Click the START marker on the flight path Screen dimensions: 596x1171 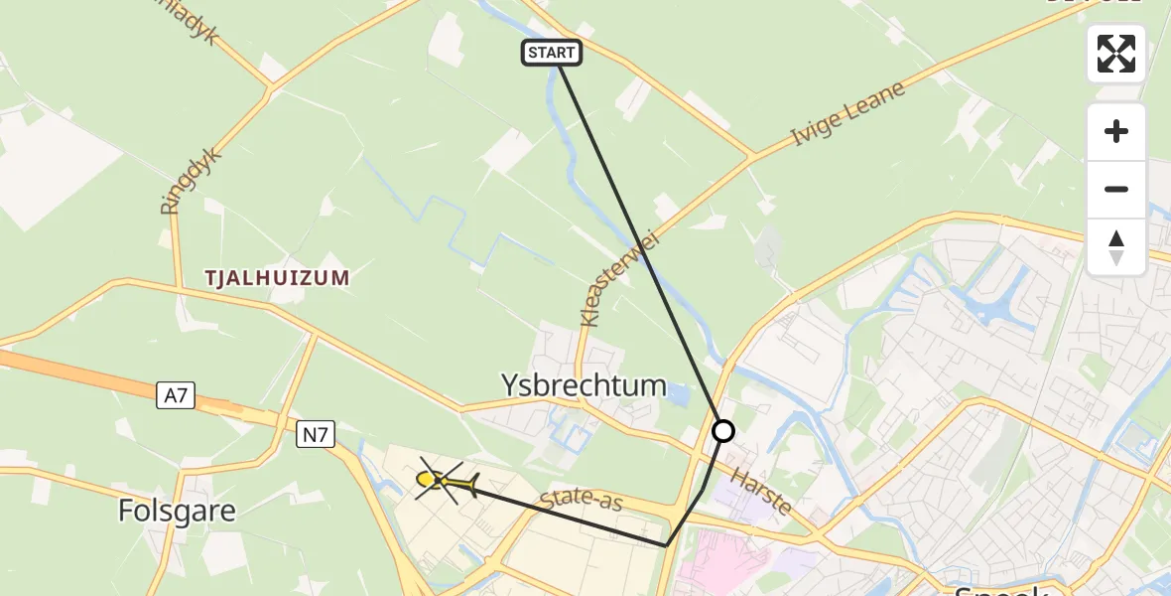[551, 53]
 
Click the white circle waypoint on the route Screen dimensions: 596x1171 [723, 431]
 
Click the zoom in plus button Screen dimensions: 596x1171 [1116, 132]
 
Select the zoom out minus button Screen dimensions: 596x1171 [1116, 190]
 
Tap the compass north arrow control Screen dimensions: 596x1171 [1116, 246]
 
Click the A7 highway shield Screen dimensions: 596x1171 [176, 396]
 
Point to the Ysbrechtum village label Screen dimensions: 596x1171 [584, 385]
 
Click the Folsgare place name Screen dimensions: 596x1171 [177, 511]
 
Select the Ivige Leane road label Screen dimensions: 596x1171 [848, 115]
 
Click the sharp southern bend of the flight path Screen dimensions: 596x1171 [666, 545]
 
